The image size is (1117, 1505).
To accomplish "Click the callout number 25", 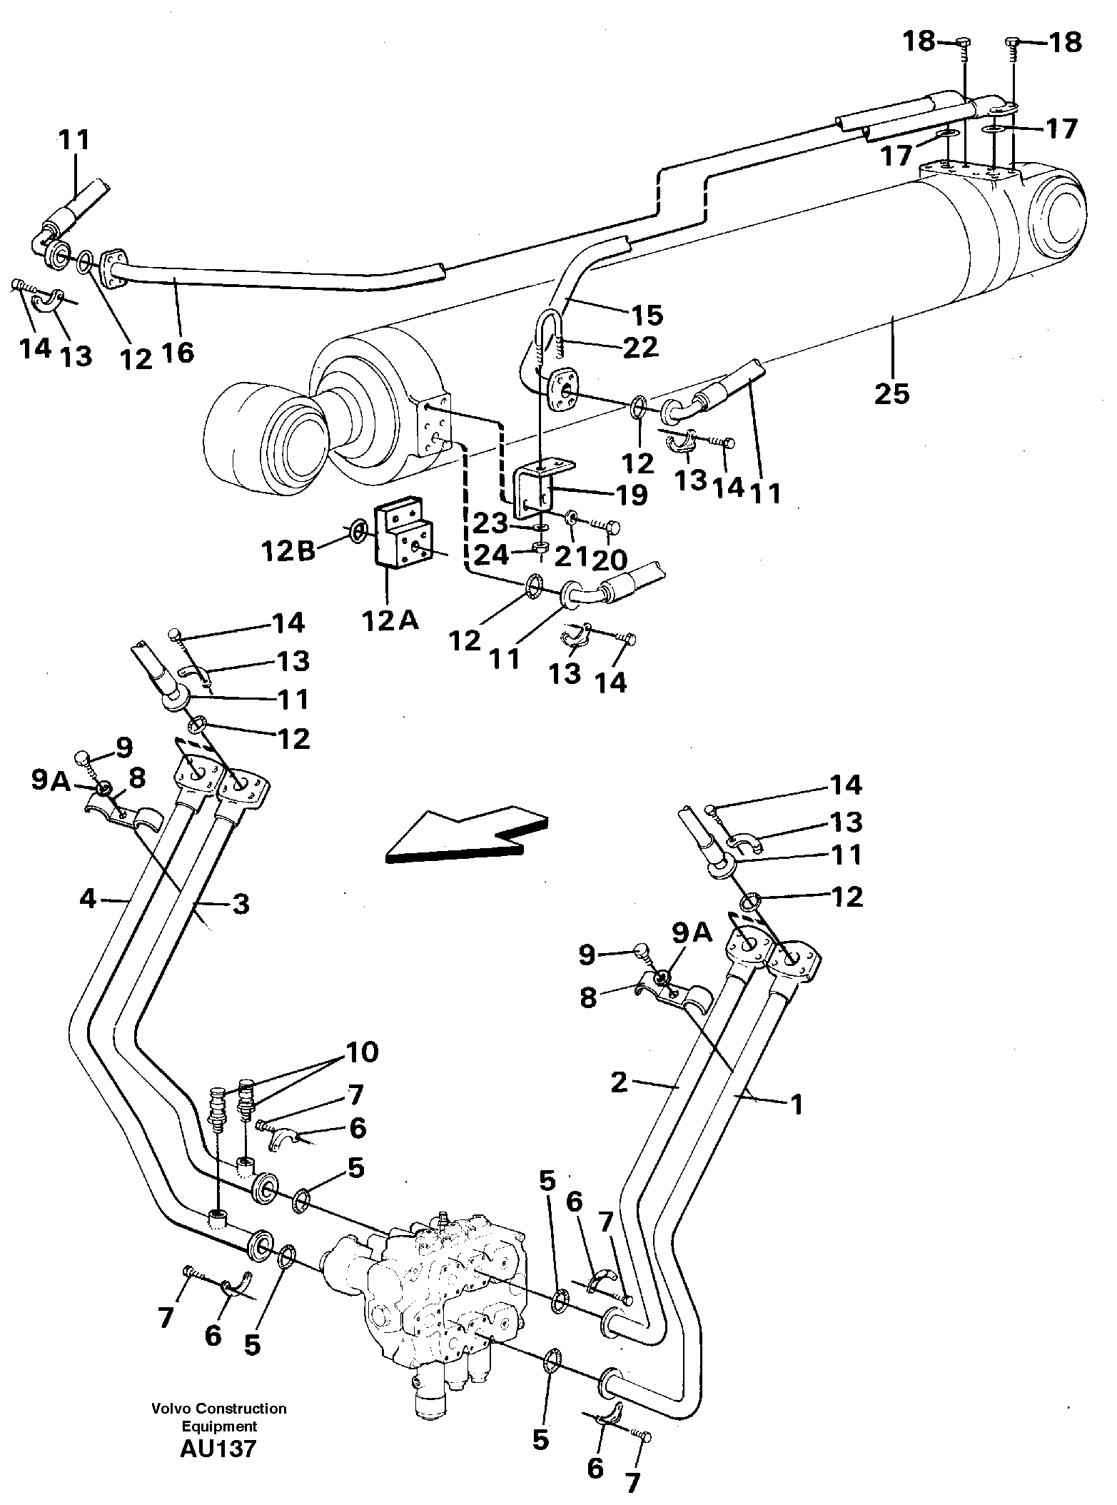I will tap(891, 393).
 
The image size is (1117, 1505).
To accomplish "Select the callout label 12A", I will tap(389, 621).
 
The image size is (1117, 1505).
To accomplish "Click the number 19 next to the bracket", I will tap(631, 494).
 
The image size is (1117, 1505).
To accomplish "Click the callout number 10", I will tap(361, 1052).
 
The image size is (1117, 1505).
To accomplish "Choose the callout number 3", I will tap(241, 905).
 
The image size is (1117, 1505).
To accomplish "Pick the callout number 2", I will tap(619, 1082).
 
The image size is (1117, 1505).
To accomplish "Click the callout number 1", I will tap(796, 1105).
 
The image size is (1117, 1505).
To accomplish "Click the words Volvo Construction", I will tap(218, 1409).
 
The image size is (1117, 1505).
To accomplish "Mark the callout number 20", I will tap(609, 558).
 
